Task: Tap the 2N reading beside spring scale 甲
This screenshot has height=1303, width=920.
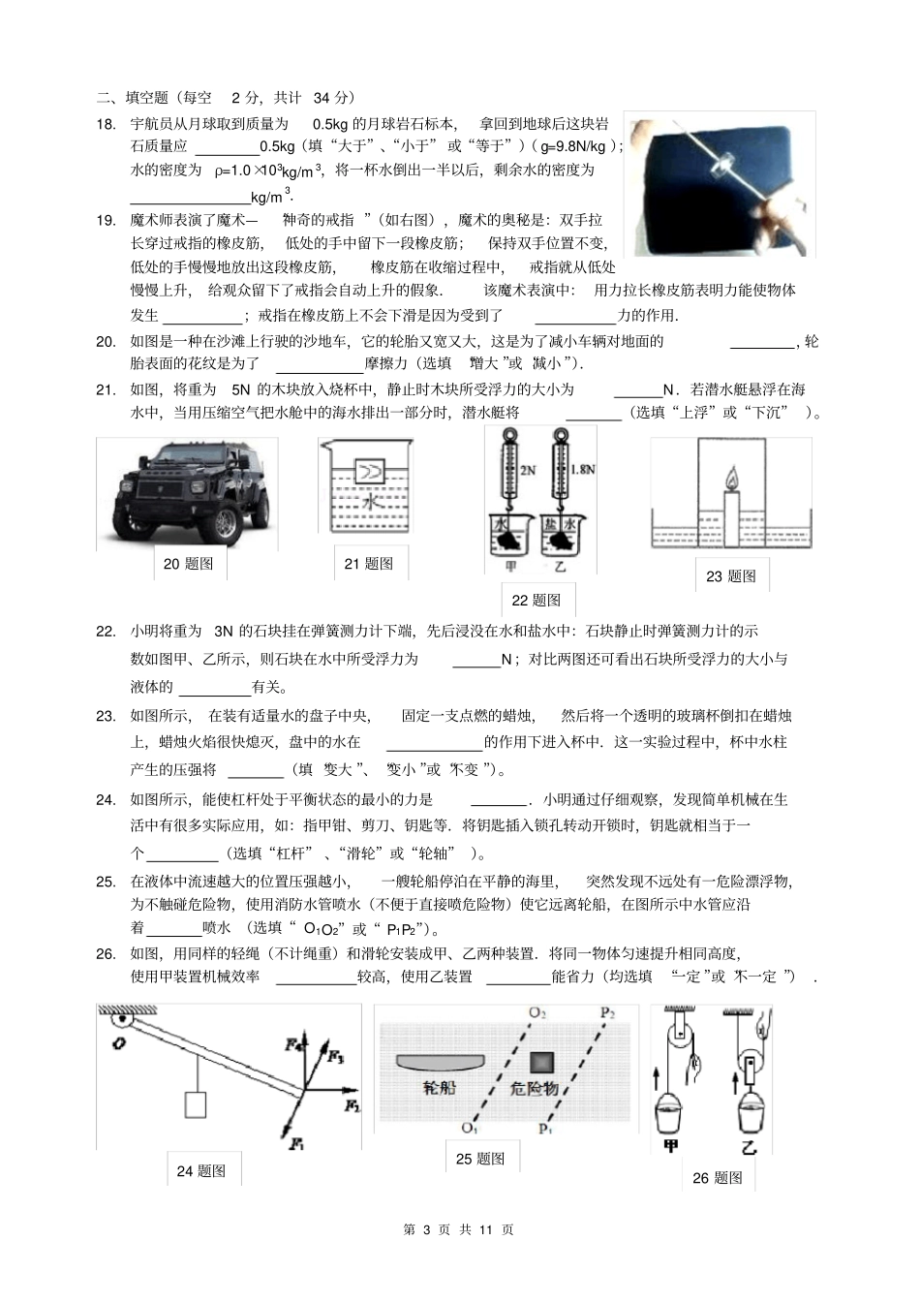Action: (x=528, y=470)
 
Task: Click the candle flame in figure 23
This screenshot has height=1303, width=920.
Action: (x=731, y=479)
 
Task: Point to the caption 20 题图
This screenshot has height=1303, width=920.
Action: (x=188, y=564)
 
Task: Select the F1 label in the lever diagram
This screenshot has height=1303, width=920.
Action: (x=296, y=1144)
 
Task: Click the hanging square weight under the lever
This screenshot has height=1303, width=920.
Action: (x=196, y=1104)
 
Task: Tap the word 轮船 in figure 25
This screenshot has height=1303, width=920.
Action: (x=440, y=1087)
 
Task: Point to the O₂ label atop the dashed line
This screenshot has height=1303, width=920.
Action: (x=537, y=1013)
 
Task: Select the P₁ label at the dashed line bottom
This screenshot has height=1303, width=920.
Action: (x=546, y=1129)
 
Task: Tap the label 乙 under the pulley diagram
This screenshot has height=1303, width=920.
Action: (x=749, y=1148)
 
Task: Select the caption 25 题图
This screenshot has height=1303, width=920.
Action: (x=480, y=1159)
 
